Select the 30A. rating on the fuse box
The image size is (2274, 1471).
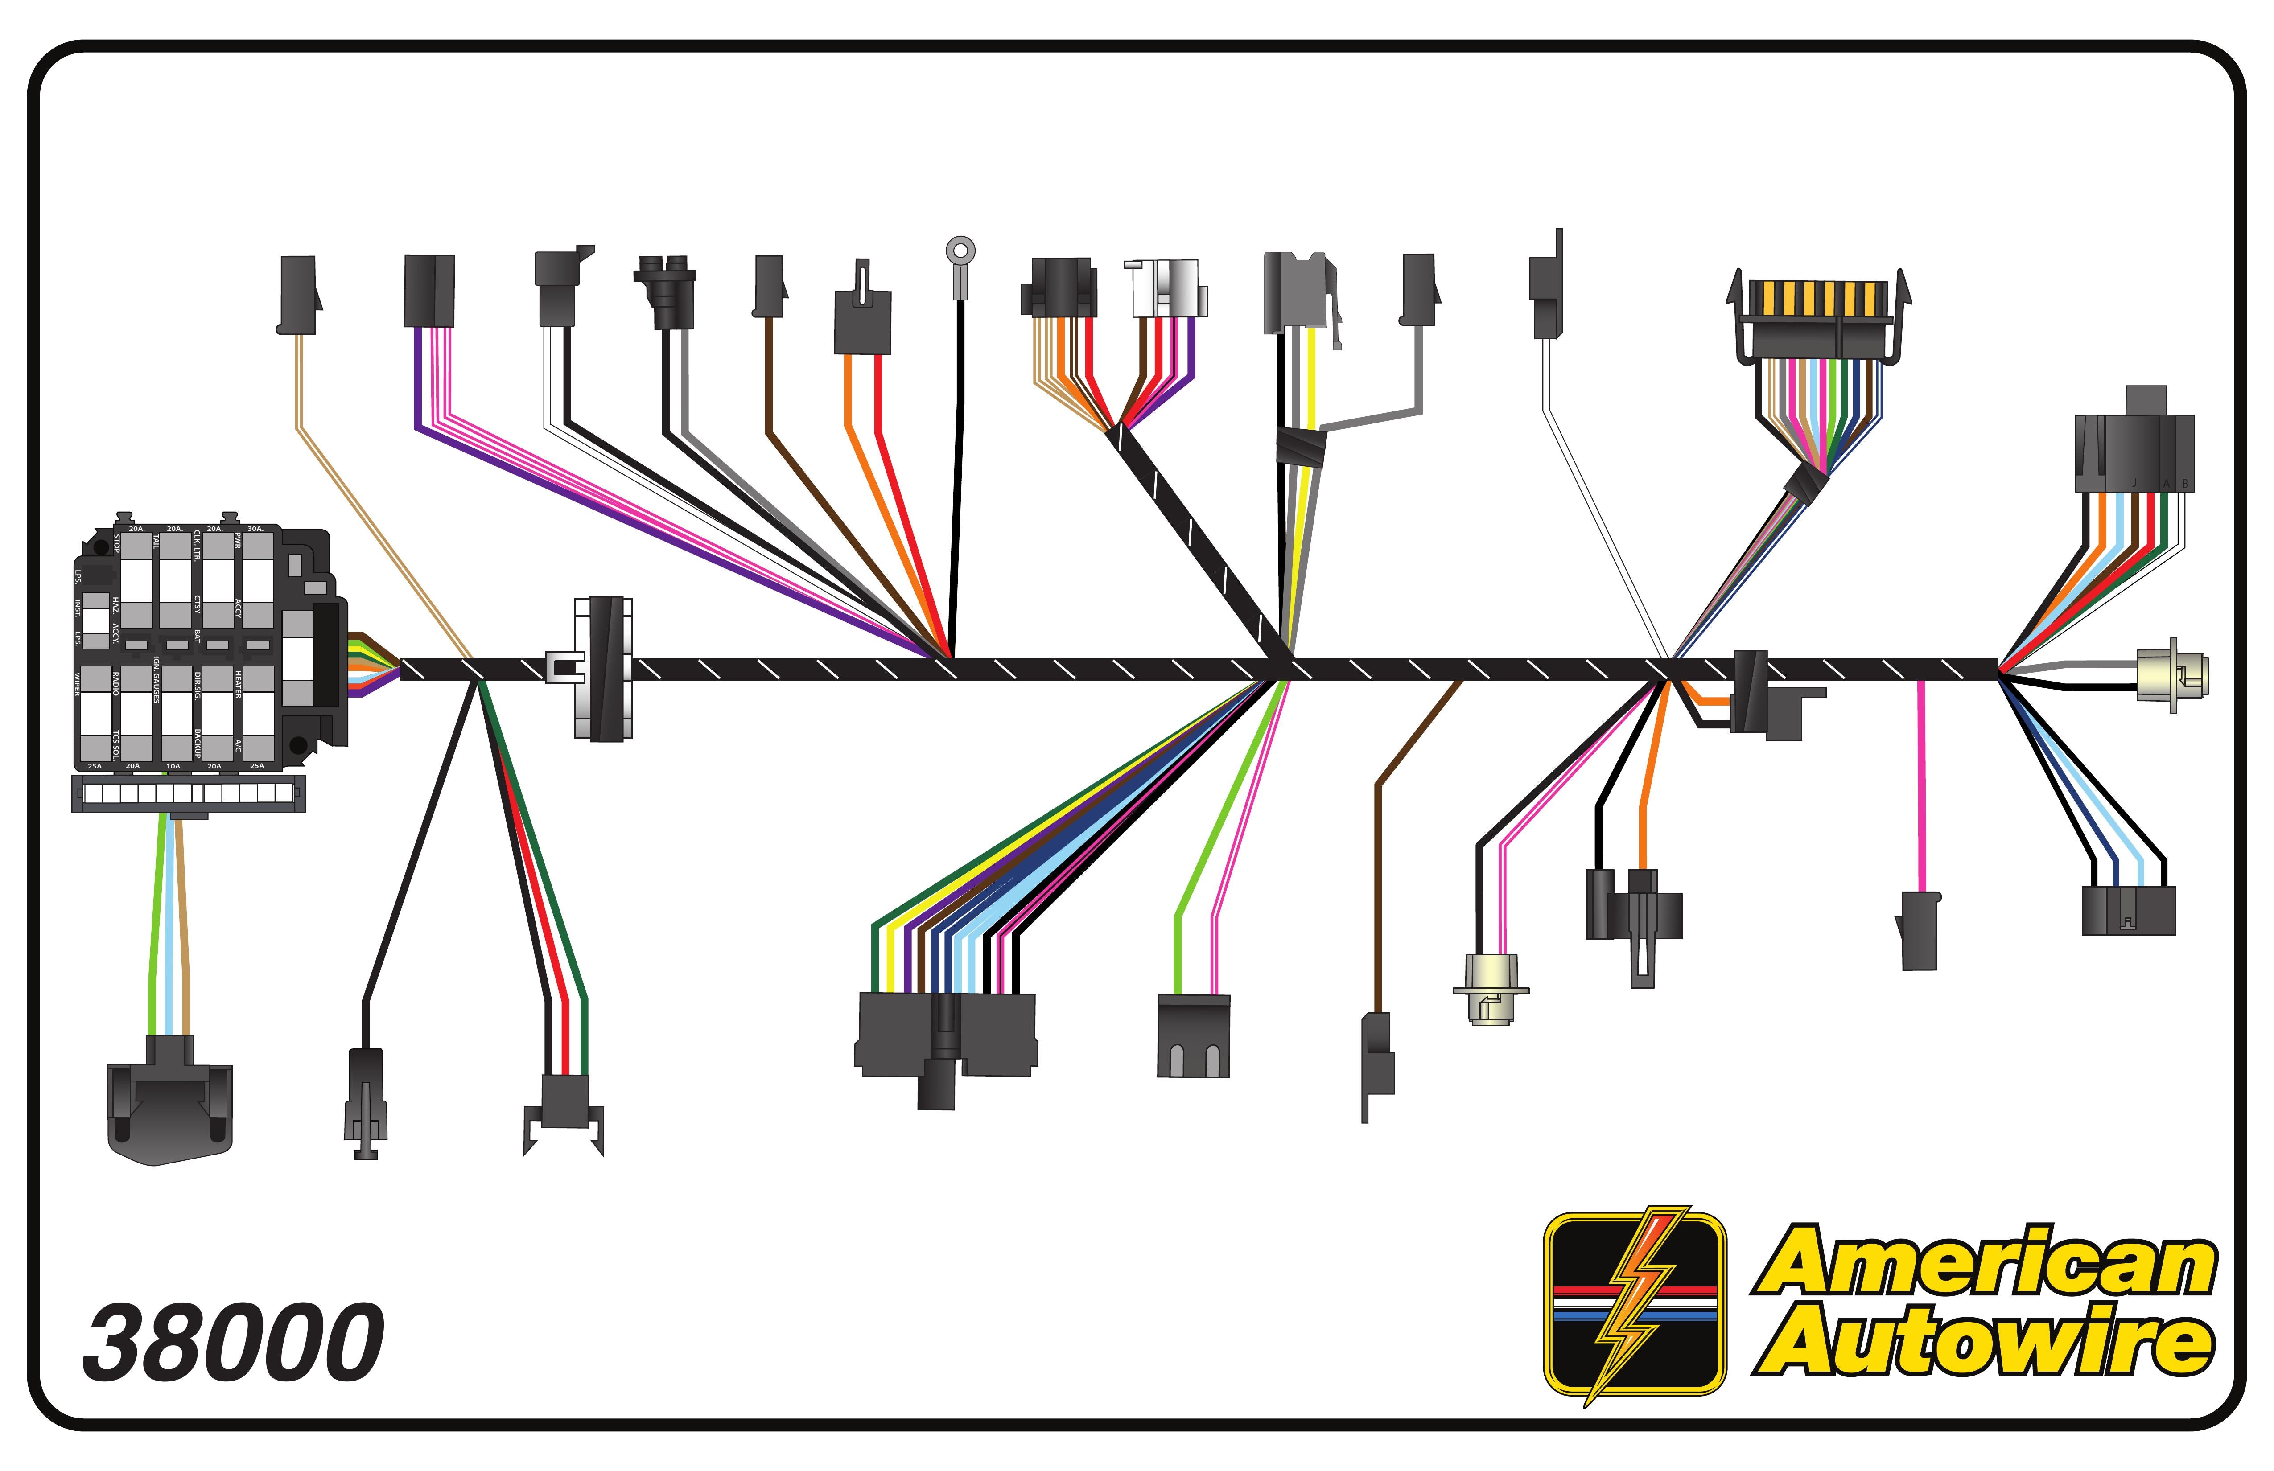(255, 528)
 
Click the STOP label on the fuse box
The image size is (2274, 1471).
(116, 542)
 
